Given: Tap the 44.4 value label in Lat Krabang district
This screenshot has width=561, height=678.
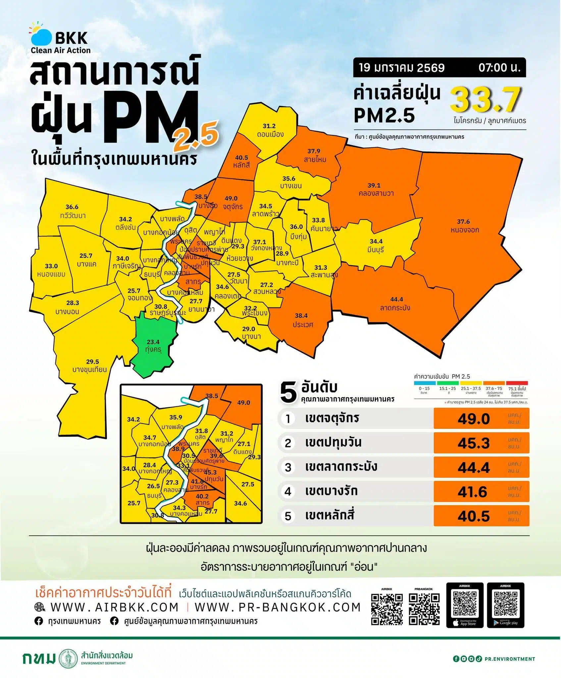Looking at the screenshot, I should (396, 300).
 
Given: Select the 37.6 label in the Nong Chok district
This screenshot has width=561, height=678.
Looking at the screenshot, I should (463, 222).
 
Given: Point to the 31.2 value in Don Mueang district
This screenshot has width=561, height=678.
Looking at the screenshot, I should (269, 126).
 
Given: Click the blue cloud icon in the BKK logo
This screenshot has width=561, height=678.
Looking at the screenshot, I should (41, 37).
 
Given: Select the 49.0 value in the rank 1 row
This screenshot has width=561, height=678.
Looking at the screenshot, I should (474, 419).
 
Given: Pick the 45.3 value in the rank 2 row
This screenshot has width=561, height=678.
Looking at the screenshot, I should (474, 443).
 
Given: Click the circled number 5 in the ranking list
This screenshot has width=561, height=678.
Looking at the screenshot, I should (288, 516).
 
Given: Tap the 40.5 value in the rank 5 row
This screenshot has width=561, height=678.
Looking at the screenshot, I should (474, 516).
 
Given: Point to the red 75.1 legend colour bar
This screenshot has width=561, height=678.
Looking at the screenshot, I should (517, 383).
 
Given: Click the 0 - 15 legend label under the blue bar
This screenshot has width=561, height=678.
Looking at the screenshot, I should (424, 389).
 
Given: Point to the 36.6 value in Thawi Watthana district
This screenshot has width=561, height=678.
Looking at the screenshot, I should (72, 207).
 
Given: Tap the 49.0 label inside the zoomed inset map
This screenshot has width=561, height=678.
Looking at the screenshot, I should (243, 403).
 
